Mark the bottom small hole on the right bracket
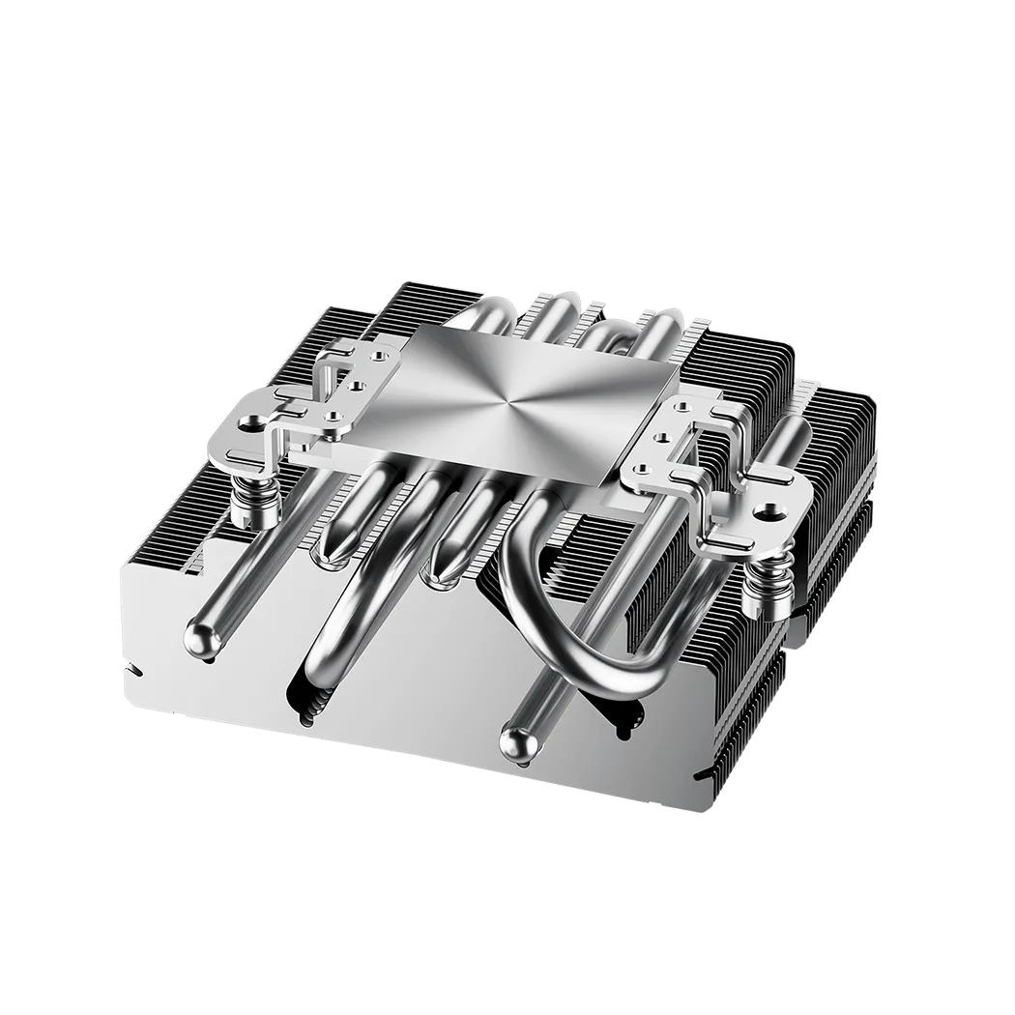coord(637,470)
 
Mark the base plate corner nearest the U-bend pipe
coord(606,480)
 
